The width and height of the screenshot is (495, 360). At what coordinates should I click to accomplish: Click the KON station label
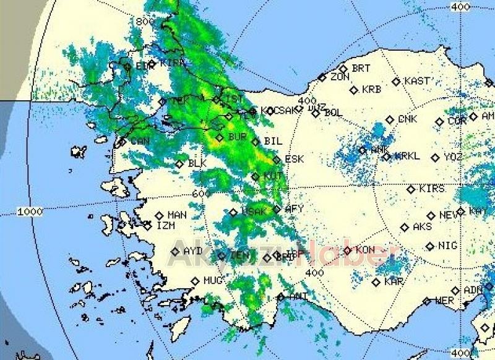(x=365, y=250)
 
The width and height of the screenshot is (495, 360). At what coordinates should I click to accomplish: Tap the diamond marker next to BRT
(x=343, y=69)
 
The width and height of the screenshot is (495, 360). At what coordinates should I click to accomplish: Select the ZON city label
(x=340, y=77)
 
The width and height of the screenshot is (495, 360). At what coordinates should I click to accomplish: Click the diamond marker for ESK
(x=277, y=160)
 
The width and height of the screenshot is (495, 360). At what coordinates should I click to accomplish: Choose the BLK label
(x=197, y=163)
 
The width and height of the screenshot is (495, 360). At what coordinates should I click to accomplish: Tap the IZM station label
(x=166, y=226)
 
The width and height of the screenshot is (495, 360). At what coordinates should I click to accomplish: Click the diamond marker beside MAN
(x=159, y=216)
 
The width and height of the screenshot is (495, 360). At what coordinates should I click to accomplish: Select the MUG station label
(x=213, y=281)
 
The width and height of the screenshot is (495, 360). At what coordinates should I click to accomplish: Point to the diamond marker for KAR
(x=376, y=282)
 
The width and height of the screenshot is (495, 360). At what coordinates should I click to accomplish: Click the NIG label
(x=447, y=246)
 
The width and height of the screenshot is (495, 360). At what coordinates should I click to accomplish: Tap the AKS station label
(x=422, y=227)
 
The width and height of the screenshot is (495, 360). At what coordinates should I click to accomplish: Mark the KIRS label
(x=432, y=189)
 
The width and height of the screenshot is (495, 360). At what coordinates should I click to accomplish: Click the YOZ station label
(x=453, y=157)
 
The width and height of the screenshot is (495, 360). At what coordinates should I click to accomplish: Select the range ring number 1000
(x=30, y=212)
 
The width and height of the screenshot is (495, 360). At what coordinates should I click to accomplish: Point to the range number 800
(x=145, y=21)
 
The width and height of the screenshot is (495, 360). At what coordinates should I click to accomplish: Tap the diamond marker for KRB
(x=354, y=90)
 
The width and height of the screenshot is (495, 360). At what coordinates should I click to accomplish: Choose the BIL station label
(x=273, y=142)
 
